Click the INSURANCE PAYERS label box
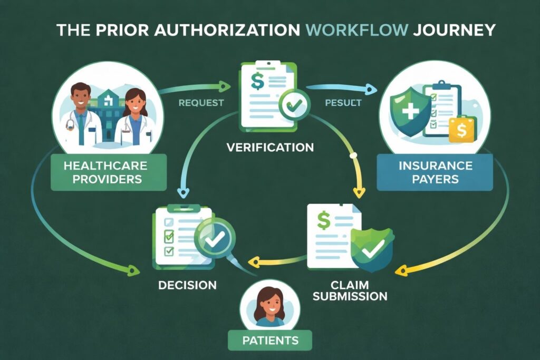coord(435,172)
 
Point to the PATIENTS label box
coord(270,340)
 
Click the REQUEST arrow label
coord(201,102)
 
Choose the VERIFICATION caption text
coord(270,147)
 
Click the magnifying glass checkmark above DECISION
coord(214,240)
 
